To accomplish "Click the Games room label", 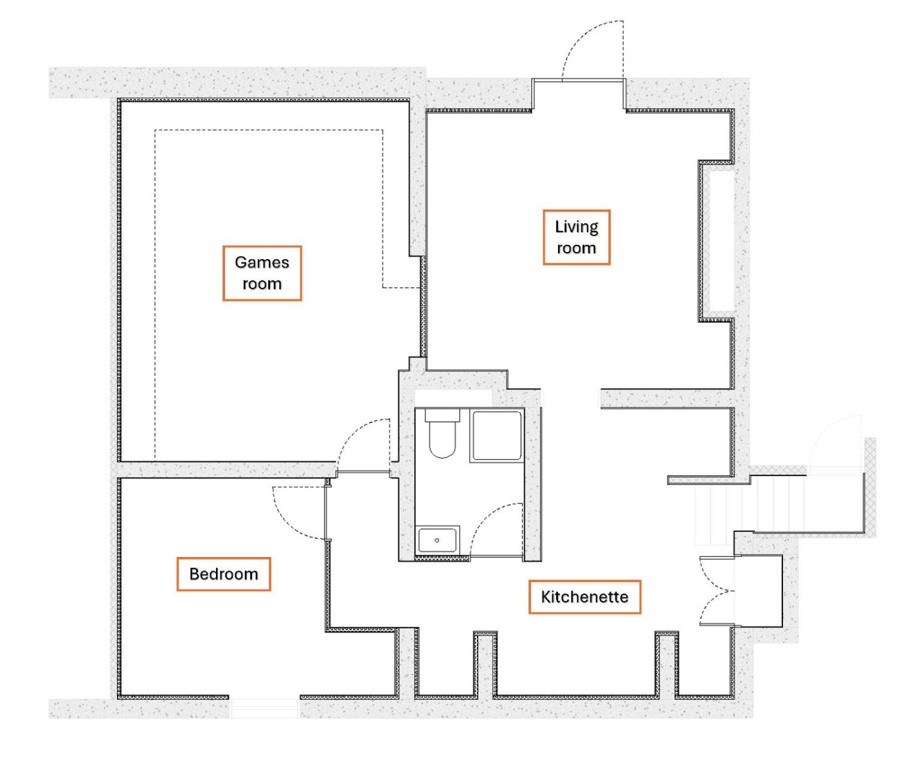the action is pos(262,273).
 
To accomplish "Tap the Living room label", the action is pos(577,237).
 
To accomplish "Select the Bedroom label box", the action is pos(223,574).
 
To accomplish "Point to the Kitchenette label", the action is pos(585,597).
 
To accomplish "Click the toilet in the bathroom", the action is pos(442,433).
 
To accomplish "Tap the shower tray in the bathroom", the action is pos(497,435).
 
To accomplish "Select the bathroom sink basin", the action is pos(437,540).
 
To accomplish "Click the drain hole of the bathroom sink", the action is pos(437,540).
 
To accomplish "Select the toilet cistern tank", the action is pos(442,415).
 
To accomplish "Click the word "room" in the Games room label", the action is pos(262,284).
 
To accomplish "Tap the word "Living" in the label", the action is pos(577,227).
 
